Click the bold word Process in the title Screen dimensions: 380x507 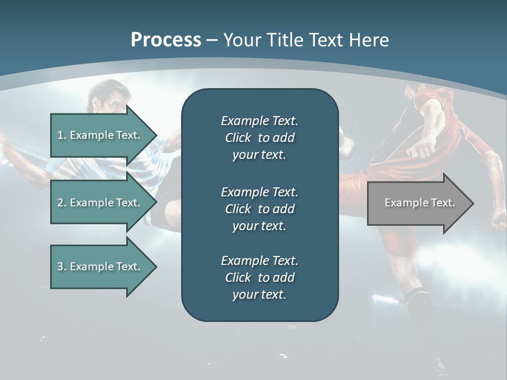coord(166,40)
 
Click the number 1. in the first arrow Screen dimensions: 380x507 coord(62,135)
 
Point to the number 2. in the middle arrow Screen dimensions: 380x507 coord(62,203)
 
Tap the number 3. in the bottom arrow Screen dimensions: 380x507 coord(62,267)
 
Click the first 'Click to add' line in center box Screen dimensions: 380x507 coord(259,138)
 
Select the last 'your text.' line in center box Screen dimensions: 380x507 coord(259,294)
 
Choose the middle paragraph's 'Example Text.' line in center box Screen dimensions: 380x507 coord(259,192)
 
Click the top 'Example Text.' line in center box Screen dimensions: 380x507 coord(259,121)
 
